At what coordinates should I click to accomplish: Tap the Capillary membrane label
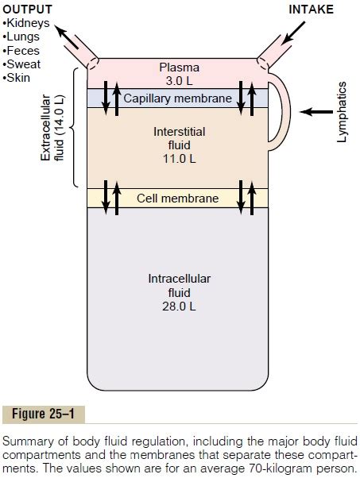(x=178, y=98)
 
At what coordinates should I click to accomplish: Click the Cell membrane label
(x=177, y=197)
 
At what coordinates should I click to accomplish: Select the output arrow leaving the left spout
(x=67, y=39)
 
